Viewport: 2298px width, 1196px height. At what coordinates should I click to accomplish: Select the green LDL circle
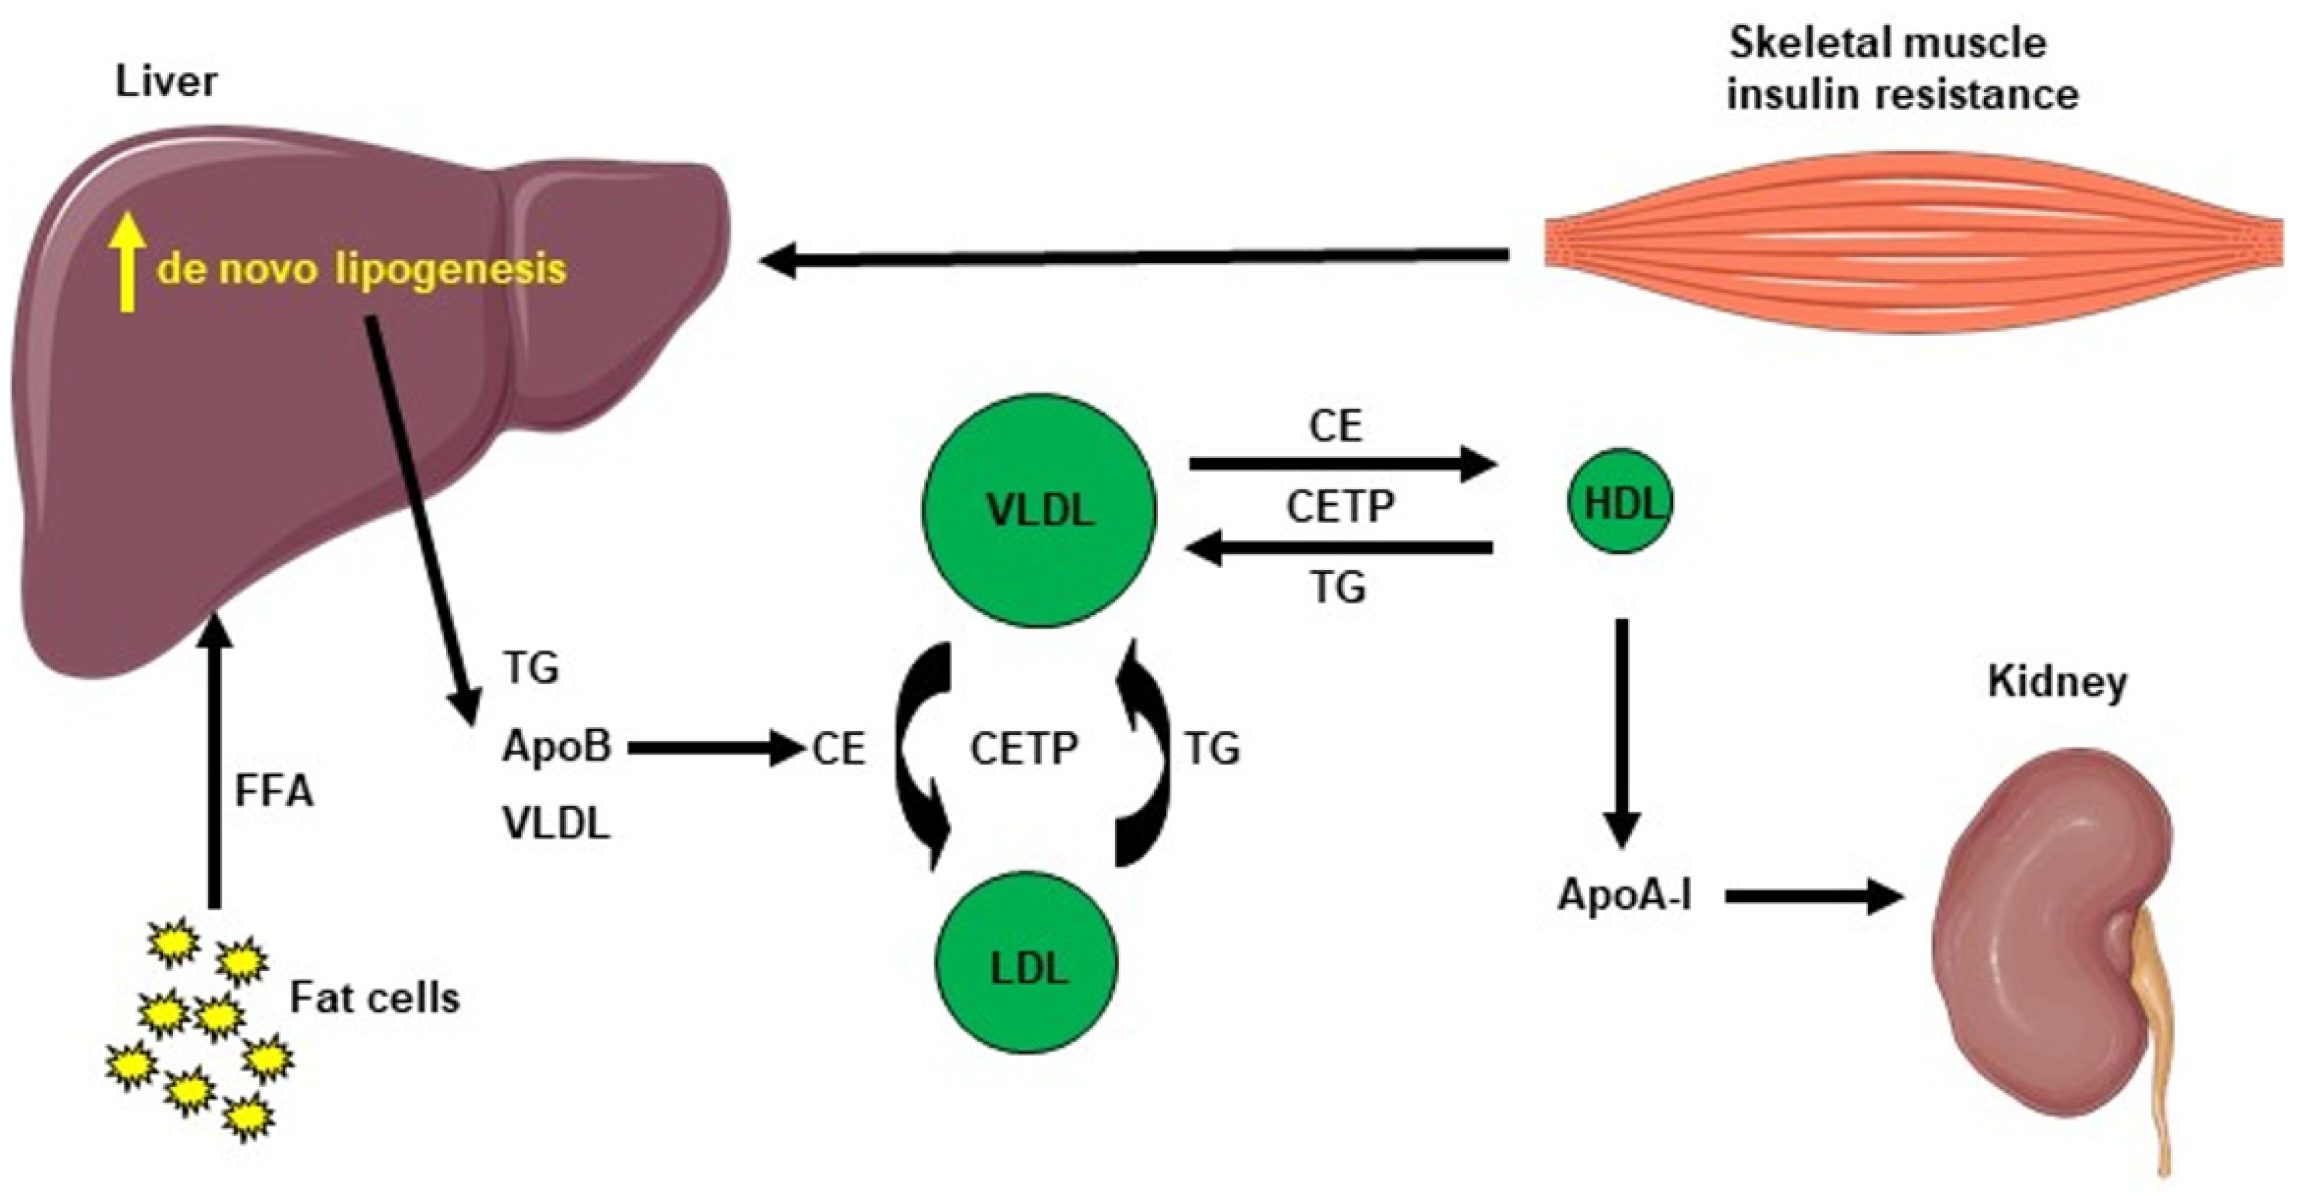pyautogui.click(x=1026, y=964)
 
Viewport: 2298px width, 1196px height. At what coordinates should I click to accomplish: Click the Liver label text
pyautogui.click(x=166, y=82)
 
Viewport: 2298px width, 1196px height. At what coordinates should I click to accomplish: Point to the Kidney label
pyautogui.click(x=2057, y=682)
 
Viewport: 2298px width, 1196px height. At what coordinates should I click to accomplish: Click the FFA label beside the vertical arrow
pyautogui.click(x=274, y=790)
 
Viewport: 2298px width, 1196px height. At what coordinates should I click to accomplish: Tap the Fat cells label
pyautogui.click(x=375, y=998)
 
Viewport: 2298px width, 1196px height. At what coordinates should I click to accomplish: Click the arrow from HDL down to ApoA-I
pyautogui.click(x=1622, y=731)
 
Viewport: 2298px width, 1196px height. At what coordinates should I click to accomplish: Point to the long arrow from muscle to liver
pyautogui.click(x=1133, y=259)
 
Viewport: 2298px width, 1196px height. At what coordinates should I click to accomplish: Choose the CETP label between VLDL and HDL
pyautogui.click(x=1340, y=507)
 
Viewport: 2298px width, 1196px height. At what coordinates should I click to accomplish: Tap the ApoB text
pyautogui.click(x=556, y=747)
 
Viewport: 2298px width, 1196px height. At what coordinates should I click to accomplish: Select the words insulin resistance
pyautogui.click(x=1902, y=93)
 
